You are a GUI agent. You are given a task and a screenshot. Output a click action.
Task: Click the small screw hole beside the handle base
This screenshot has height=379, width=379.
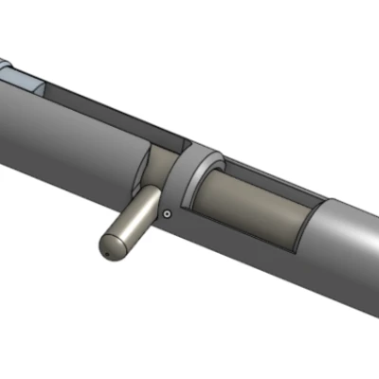click(167, 214)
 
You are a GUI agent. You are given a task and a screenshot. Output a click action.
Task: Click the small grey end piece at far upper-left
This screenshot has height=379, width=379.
click(6, 69)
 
